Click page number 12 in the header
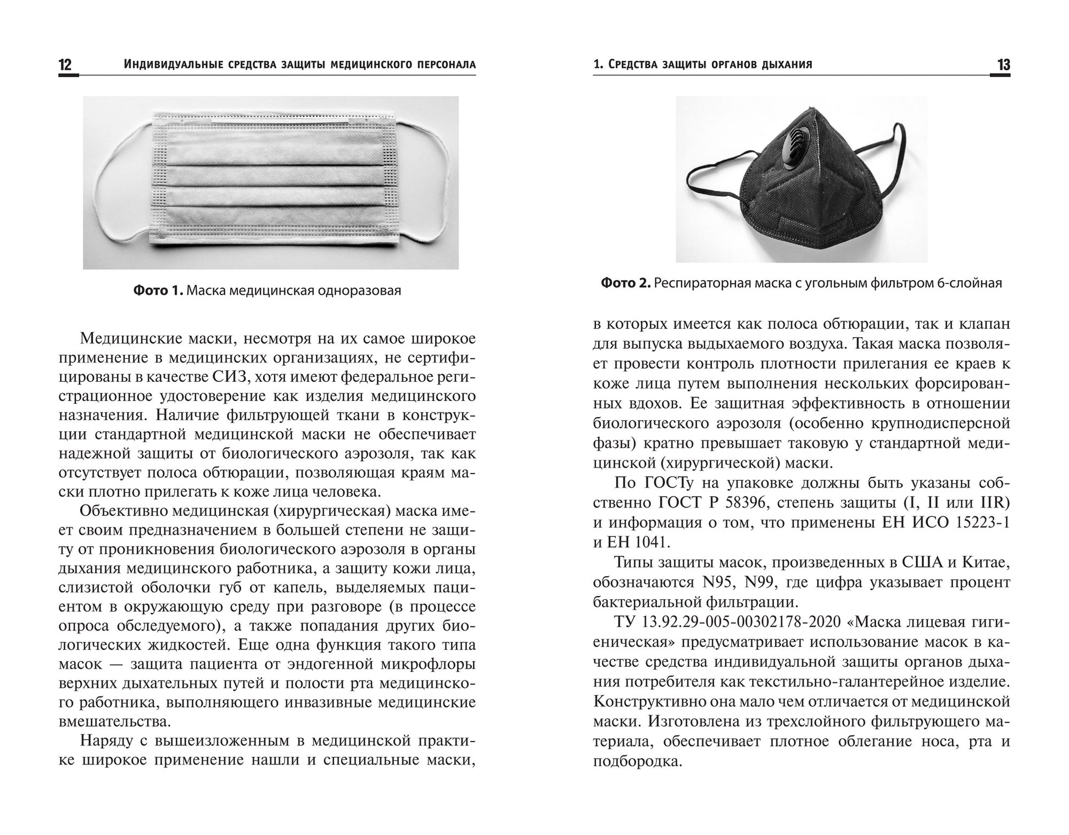click(65, 65)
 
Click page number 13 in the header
click(1003, 65)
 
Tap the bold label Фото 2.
click(626, 283)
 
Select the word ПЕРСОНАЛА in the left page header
click(444, 65)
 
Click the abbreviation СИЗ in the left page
click(225, 377)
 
